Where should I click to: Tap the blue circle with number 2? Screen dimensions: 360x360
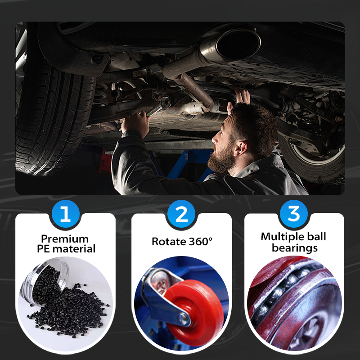tap(181, 214)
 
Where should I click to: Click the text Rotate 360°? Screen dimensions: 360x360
tap(181, 241)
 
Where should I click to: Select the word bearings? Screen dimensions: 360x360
tap(294, 247)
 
